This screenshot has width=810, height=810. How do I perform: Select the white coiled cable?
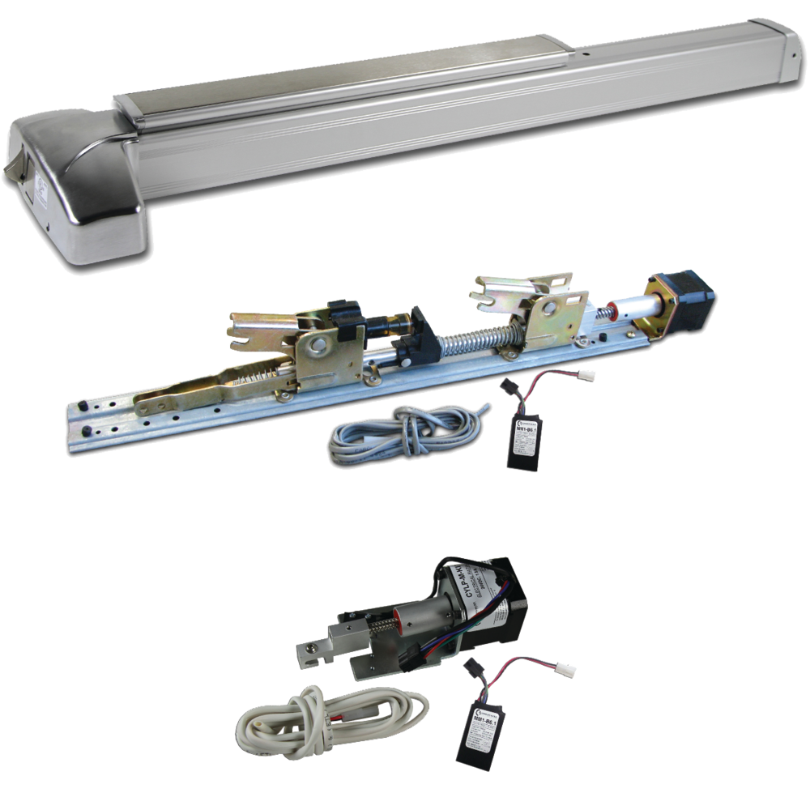[332, 713]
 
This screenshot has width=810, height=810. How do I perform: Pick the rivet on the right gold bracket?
[544, 308]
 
